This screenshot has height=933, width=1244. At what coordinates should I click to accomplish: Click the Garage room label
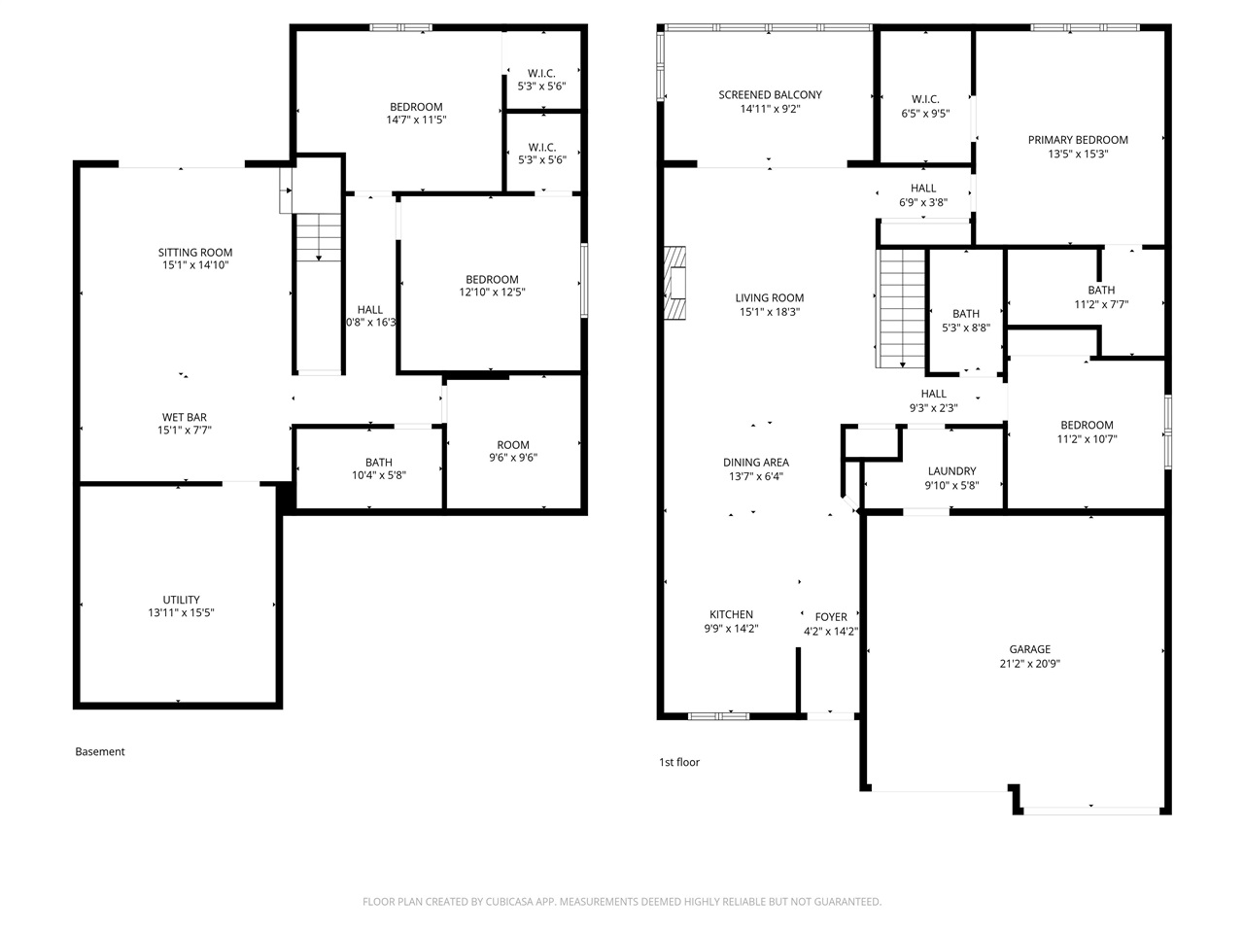[x=1029, y=649]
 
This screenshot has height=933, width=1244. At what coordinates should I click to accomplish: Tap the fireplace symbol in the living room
[x=675, y=284]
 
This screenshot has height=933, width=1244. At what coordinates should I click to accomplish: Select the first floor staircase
[x=902, y=308]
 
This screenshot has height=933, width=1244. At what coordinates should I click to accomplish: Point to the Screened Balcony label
[x=770, y=95]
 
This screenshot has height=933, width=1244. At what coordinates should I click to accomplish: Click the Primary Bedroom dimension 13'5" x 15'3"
[x=1078, y=154]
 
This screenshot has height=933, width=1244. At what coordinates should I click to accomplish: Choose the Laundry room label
[x=951, y=471]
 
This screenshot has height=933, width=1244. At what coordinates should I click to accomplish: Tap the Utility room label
[x=181, y=600]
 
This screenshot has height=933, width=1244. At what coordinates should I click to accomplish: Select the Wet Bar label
[x=184, y=418]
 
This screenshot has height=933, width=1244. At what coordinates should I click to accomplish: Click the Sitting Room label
[x=195, y=253]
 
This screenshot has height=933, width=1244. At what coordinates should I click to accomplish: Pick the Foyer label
[x=831, y=617]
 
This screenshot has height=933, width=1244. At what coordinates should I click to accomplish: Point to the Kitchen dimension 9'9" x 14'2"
[x=731, y=629]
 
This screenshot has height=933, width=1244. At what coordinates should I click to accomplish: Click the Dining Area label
[x=755, y=463]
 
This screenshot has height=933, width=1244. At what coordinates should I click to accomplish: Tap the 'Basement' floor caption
[x=100, y=751]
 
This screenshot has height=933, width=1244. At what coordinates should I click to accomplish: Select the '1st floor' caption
[x=679, y=763]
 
